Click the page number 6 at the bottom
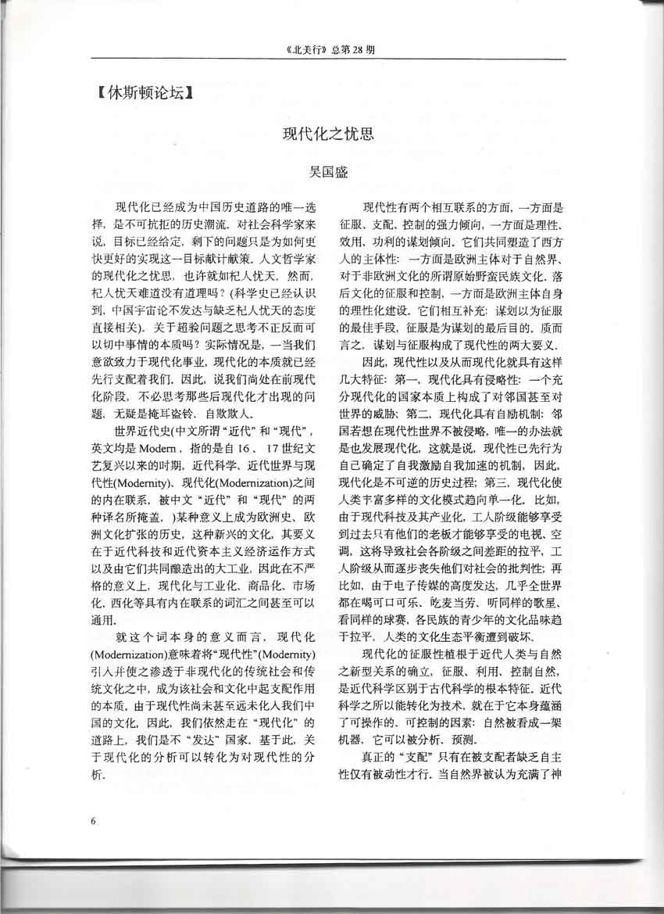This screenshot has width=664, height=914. pyautogui.click(x=93, y=820)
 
